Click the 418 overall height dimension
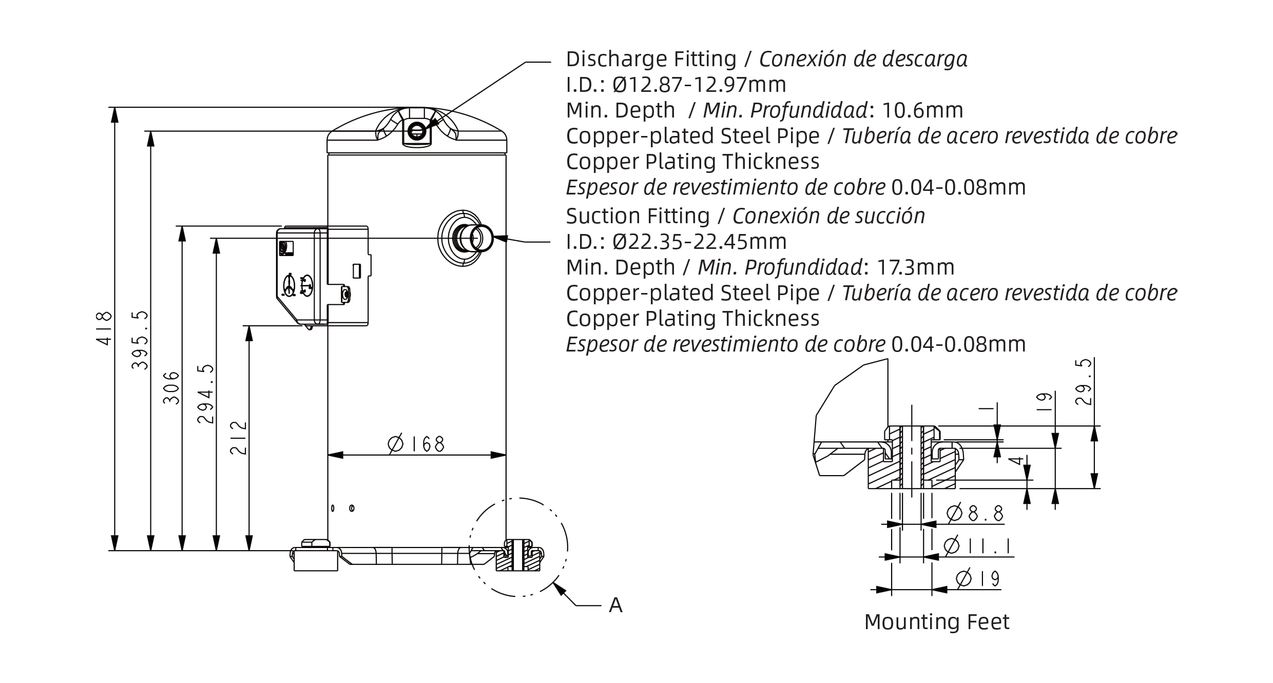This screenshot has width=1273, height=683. click(x=104, y=328)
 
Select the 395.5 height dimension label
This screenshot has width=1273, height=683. click(x=140, y=340)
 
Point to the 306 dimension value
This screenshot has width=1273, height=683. click(x=171, y=388)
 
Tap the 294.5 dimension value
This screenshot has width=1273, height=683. click(x=206, y=394)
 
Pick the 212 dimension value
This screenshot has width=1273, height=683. click(x=239, y=438)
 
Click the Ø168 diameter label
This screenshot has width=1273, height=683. click(x=416, y=444)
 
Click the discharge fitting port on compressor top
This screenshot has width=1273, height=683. click(x=416, y=132)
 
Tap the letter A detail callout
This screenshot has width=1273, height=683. click(x=615, y=606)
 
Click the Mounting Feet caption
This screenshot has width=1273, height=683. click(x=937, y=622)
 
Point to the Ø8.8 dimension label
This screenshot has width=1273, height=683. click(x=975, y=514)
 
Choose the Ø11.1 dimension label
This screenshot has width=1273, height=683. click(x=977, y=546)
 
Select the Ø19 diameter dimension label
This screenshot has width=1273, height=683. click(x=978, y=579)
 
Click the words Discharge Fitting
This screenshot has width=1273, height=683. click(x=651, y=59)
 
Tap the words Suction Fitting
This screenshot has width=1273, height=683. click(x=638, y=216)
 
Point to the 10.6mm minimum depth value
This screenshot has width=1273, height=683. click(x=922, y=110)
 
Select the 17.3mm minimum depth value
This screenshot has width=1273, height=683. click(x=915, y=267)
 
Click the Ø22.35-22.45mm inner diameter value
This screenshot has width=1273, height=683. click(x=700, y=242)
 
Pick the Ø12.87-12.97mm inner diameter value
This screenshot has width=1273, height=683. click(x=700, y=85)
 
